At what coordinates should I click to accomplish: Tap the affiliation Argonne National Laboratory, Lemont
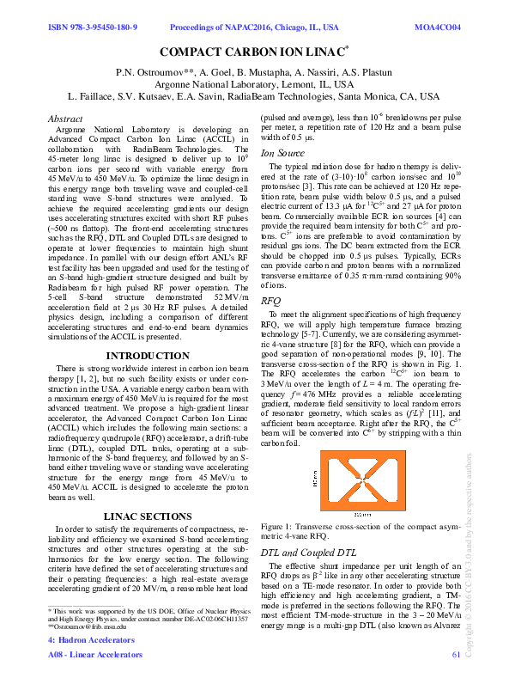[x=254, y=86]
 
